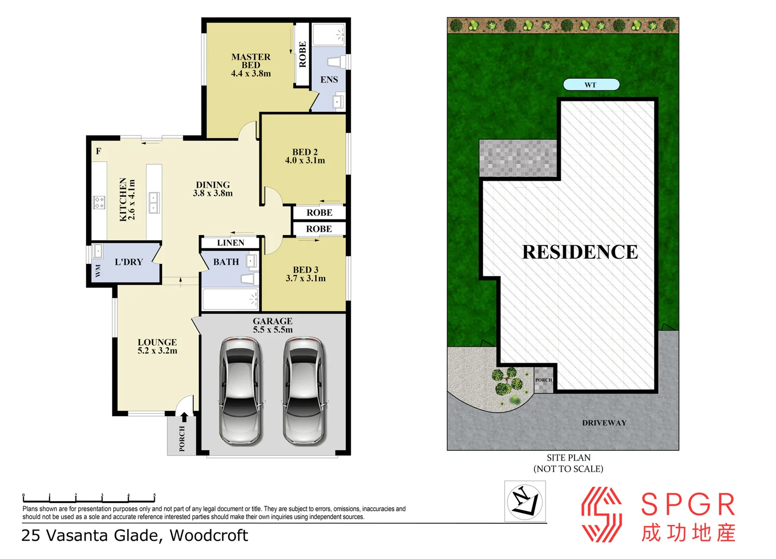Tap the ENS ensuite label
[x=329, y=80]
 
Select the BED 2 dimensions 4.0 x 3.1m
[x=305, y=160]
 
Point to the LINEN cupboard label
[x=230, y=243]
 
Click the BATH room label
[x=226, y=262]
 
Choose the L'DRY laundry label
[x=128, y=262]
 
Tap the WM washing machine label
[x=98, y=271]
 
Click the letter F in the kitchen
[x=98, y=151]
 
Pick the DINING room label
[x=213, y=185]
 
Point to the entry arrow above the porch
[x=184, y=417]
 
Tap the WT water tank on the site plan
[x=591, y=84]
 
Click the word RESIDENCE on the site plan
[x=580, y=252]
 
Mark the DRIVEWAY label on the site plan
[x=604, y=423]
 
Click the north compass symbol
[x=525, y=501]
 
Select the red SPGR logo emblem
[x=601, y=514]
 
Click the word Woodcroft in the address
[x=209, y=535]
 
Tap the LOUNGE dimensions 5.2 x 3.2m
[x=157, y=351]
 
